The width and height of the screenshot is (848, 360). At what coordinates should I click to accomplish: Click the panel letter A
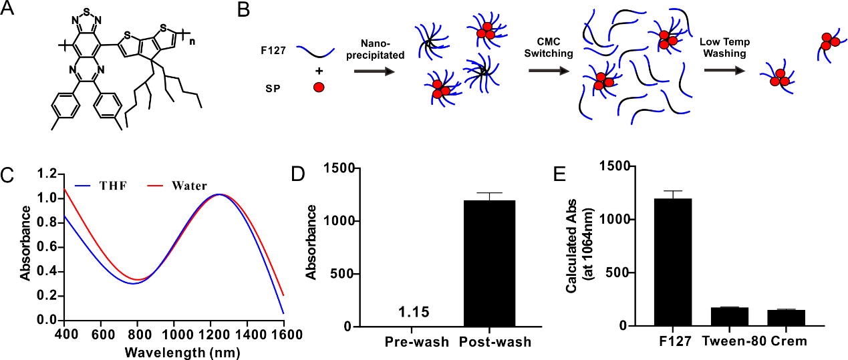tap(7, 8)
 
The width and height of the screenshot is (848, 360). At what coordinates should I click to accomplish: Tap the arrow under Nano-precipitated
tap(375, 71)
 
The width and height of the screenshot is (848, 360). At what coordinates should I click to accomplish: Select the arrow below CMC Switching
tap(549, 70)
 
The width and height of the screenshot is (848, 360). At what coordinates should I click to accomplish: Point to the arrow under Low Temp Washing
tap(724, 70)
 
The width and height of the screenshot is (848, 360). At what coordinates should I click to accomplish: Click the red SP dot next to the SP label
tap(319, 87)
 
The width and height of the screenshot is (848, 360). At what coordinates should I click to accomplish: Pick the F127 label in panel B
tap(273, 50)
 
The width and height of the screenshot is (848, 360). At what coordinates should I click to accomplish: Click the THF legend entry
tap(101, 186)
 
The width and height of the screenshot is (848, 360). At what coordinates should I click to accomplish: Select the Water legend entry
tap(176, 186)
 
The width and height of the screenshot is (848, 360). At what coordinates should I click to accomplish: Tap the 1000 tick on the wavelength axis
tap(174, 334)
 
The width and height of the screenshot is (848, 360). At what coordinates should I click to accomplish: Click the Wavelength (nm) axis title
tap(182, 353)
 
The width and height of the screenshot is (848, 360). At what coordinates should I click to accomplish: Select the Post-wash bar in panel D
tap(490, 263)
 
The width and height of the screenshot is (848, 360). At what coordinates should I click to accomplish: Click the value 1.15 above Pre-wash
tap(414, 313)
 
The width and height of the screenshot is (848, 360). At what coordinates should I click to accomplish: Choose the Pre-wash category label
tap(417, 342)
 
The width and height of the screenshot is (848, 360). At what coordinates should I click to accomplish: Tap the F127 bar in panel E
tap(673, 262)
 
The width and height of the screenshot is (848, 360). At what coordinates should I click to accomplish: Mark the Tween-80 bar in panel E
tap(730, 317)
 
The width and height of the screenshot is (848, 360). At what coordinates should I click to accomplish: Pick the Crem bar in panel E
tap(787, 318)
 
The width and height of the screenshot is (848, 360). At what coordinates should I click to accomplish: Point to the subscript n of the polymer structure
tap(192, 41)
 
